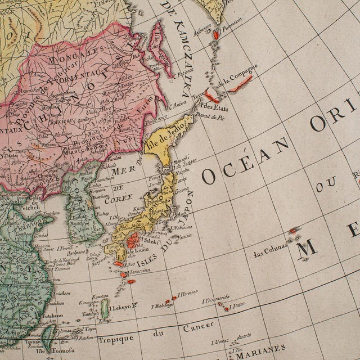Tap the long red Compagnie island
(240, 84)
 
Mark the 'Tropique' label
(116, 339)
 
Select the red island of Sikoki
(133, 241)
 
